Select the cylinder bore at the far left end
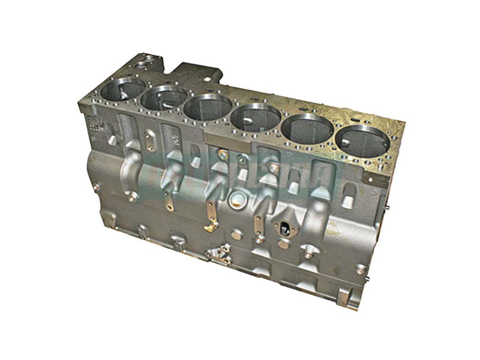[122, 89]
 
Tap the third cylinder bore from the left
[208, 107]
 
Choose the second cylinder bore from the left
[164, 98]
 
